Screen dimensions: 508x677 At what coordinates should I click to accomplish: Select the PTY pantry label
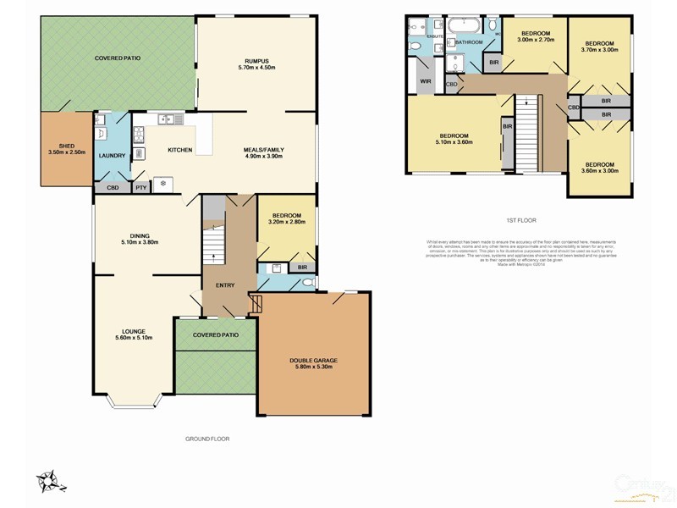point(140,188)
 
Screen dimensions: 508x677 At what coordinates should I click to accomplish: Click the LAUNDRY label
point(112,156)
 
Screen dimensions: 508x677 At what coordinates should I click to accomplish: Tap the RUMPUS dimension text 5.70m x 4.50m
point(256,69)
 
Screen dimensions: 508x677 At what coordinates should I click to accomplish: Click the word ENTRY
point(225,284)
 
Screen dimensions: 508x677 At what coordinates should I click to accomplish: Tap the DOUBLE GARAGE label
point(312,360)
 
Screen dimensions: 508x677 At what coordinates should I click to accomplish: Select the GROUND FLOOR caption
point(207,439)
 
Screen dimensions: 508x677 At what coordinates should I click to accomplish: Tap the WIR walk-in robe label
point(426,82)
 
